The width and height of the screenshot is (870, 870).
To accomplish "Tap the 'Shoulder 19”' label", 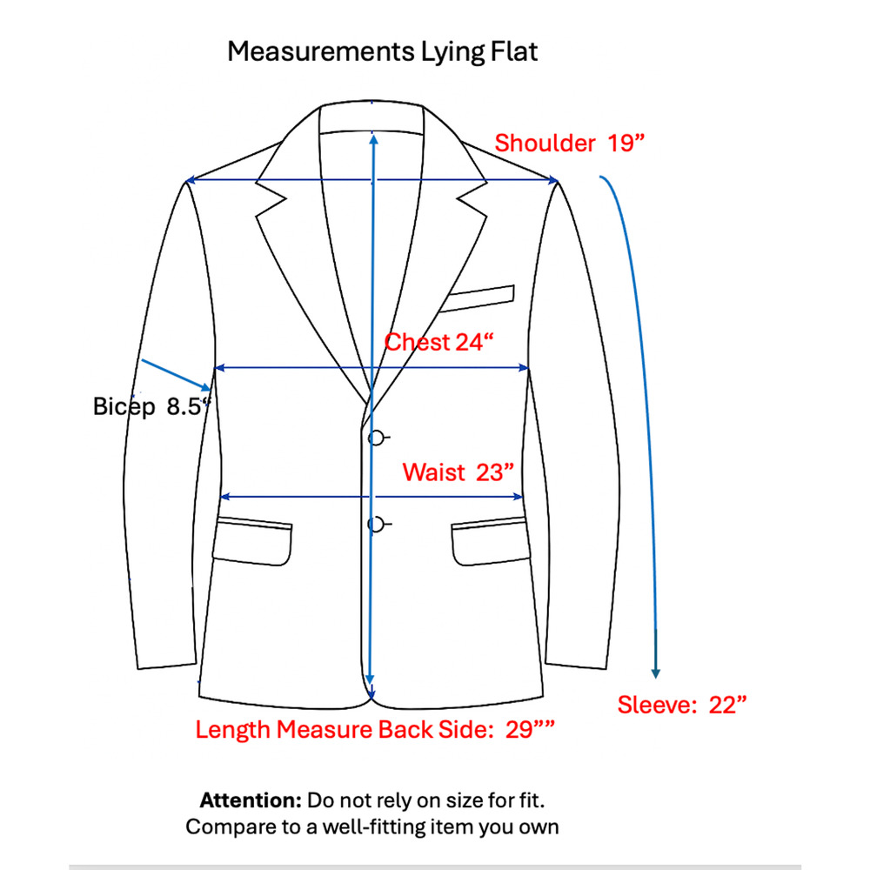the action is (569, 144).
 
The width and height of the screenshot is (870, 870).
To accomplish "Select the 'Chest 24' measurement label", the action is (438, 342).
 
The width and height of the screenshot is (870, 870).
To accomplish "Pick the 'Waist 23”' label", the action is (458, 472).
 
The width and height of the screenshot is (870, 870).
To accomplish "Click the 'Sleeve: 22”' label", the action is (682, 705).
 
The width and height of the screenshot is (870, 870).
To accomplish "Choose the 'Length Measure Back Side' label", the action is (344, 729).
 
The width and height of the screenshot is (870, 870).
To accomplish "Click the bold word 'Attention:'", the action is (251, 800).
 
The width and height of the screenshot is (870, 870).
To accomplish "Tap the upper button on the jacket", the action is (376, 438).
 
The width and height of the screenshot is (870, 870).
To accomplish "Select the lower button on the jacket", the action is (376, 525).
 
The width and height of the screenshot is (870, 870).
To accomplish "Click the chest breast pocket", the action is (477, 298).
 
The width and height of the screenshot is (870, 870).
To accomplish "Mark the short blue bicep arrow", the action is (177, 375).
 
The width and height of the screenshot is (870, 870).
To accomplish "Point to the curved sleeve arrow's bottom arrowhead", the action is (655, 673).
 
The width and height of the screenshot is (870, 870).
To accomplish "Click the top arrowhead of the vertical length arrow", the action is (374, 138).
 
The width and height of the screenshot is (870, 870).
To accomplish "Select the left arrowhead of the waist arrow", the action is (225, 497).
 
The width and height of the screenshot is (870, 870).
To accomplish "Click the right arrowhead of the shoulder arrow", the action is (552, 180).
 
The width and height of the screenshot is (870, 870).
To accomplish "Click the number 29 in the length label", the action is (519, 729).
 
